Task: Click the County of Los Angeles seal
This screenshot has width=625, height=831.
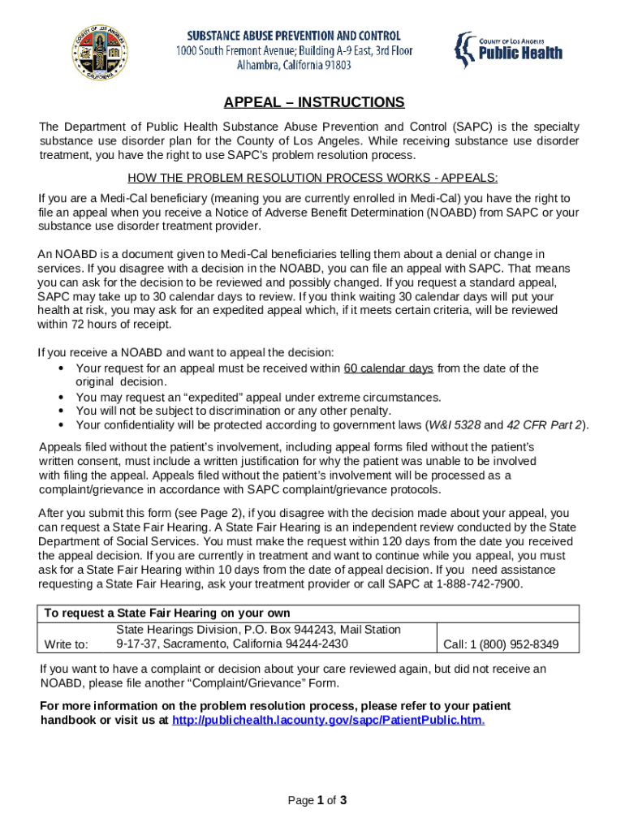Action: (x=100, y=52)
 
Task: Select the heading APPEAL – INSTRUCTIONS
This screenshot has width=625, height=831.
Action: (x=313, y=103)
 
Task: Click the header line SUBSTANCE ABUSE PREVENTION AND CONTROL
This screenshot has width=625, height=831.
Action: (x=294, y=36)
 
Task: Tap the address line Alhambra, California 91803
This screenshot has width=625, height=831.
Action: (x=294, y=65)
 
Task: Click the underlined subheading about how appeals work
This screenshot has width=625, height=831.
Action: (x=312, y=178)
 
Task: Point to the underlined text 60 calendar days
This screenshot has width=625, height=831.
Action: (x=388, y=368)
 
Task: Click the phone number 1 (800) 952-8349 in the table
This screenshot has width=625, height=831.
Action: (x=501, y=644)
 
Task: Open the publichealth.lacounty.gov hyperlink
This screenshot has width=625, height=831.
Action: (x=328, y=720)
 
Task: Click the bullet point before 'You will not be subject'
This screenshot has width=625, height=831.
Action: (x=62, y=411)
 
